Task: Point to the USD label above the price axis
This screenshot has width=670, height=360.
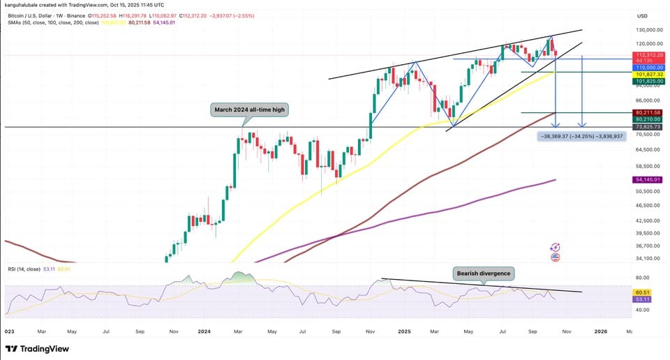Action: [x=641, y=15]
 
